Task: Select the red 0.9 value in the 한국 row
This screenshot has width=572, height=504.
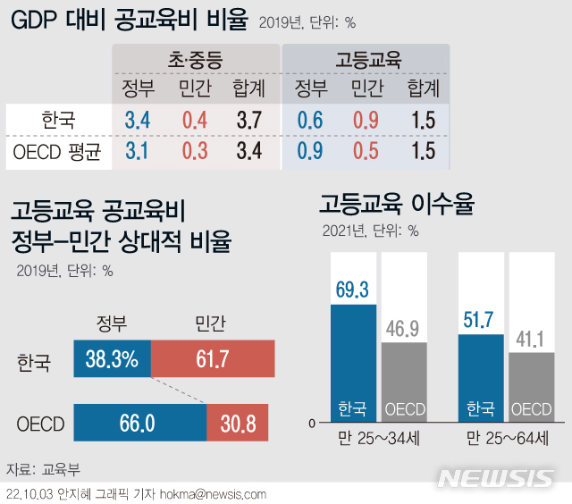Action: click(366, 119)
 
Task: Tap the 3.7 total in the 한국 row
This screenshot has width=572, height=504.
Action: click(249, 119)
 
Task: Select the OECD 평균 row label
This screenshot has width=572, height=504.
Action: click(57, 150)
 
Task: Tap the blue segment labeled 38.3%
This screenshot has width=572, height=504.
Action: click(112, 360)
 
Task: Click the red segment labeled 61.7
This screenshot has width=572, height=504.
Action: click(212, 360)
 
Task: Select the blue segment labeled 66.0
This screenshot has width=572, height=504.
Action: click(139, 423)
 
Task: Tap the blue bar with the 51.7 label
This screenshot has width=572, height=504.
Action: click(480, 376)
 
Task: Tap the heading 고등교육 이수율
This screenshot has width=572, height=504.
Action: click(397, 205)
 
